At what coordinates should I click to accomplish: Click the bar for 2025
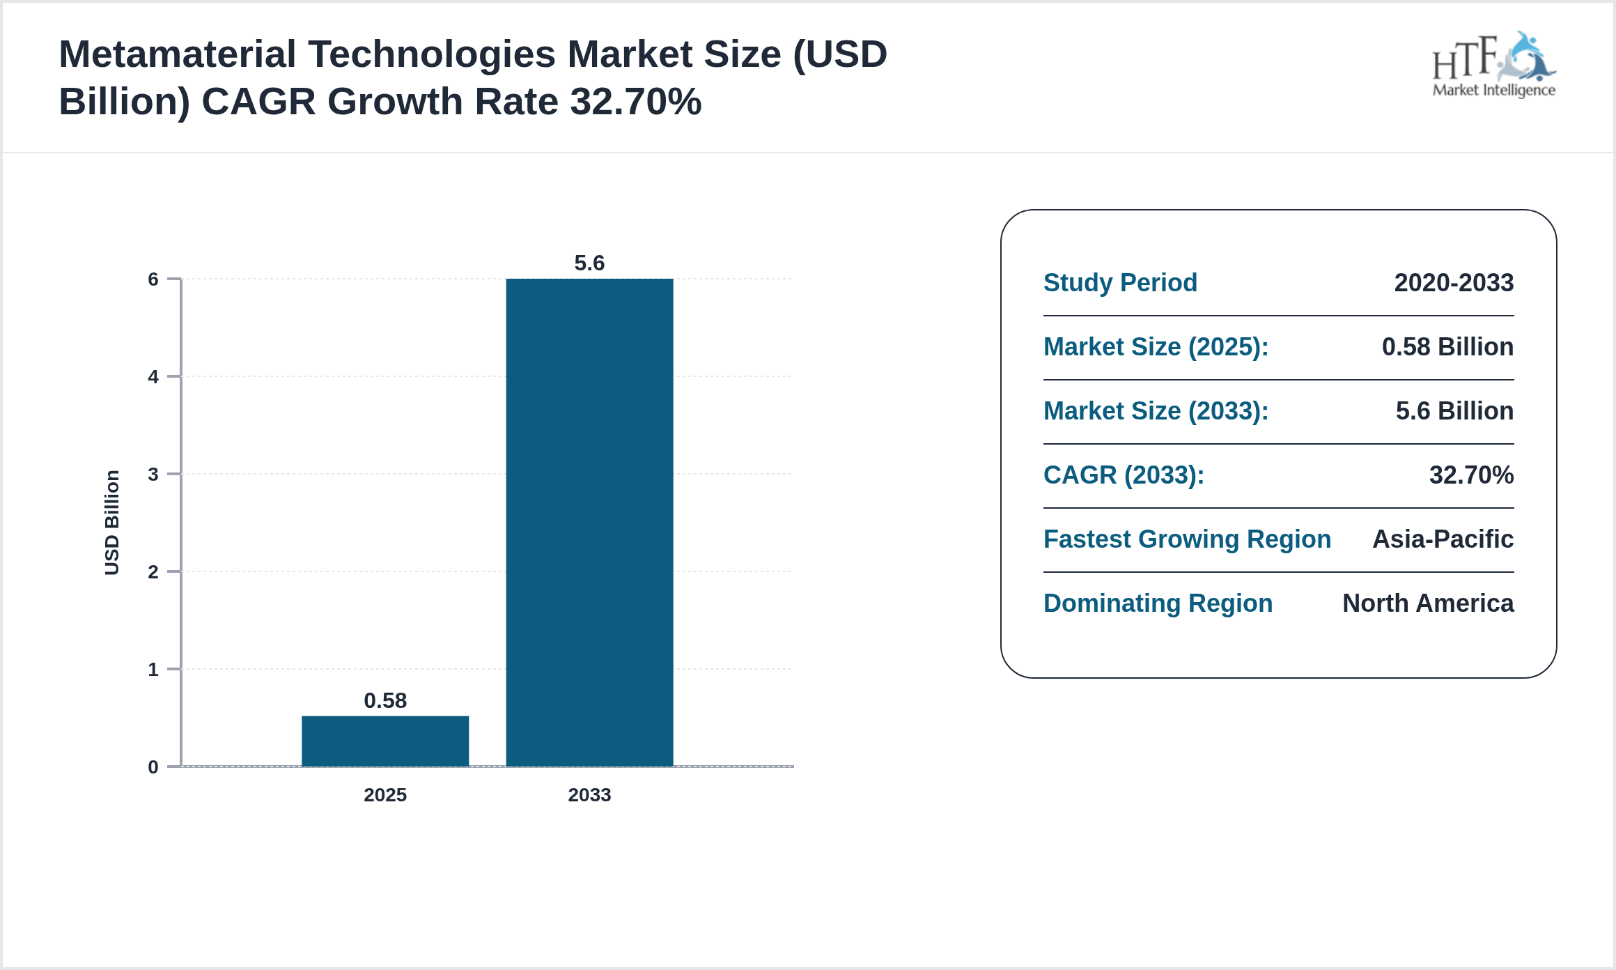pos(384,741)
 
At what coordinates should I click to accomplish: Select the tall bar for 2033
pos(589,523)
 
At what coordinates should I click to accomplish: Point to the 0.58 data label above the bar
pos(384,700)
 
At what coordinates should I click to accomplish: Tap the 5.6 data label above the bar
pos(589,263)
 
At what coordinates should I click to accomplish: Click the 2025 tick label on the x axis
pos(384,794)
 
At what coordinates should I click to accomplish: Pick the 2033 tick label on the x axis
pos(589,794)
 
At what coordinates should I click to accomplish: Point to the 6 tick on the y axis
pos(153,279)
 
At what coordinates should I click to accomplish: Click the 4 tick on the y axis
pos(153,377)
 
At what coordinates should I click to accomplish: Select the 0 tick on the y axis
pos(153,767)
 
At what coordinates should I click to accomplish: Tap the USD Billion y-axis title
pos(112,523)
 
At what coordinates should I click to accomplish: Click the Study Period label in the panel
pos(1120,283)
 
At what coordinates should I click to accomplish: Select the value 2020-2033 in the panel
pos(1454,283)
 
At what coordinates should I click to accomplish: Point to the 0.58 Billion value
pos(1447,347)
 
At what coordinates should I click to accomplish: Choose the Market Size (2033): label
pos(1156,411)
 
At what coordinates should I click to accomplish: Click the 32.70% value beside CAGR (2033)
pos(1471,475)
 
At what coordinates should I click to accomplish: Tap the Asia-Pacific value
pos(1443,539)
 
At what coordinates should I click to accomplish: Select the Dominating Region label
pos(1158,603)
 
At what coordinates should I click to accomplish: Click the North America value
pos(1428,603)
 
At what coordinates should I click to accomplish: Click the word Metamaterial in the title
pos(178,54)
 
